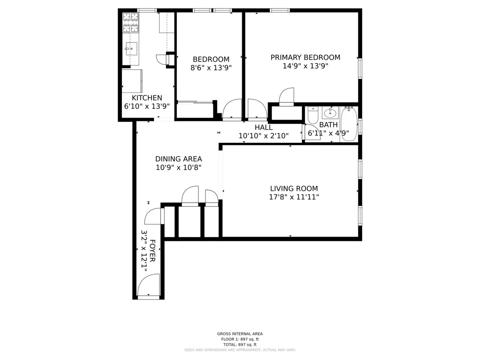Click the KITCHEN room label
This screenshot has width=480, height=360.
(x=147, y=98)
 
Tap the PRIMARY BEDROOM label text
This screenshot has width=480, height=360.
(x=305, y=57)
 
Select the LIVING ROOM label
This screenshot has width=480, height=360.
(x=294, y=188)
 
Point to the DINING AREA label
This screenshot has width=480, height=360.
(x=178, y=159)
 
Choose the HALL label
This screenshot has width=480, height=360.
(x=263, y=127)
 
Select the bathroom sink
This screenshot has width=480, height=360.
(x=330, y=112)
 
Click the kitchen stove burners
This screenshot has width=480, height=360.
(x=130, y=22)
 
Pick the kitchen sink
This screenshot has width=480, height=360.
(x=131, y=48)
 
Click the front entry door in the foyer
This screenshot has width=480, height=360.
(x=149, y=286)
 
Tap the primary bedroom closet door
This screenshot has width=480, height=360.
(x=286, y=97)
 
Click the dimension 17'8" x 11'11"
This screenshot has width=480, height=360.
(x=294, y=197)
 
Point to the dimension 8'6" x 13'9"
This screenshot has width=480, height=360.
(x=211, y=68)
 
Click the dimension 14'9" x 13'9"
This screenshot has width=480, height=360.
(x=305, y=66)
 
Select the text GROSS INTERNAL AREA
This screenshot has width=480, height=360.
(x=240, y=334)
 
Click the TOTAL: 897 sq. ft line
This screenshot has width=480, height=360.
(x=240, y=344)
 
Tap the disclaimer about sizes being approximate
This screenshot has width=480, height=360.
(x=240, y=350)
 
